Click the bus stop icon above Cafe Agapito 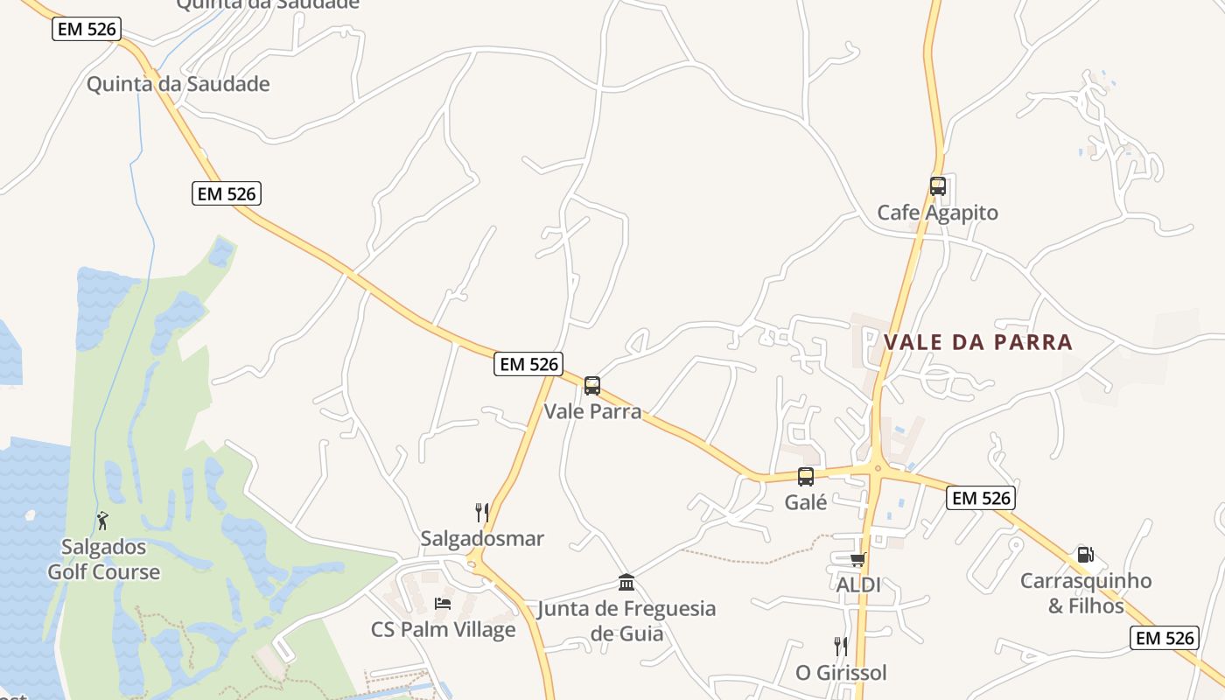click(x=937, y=185)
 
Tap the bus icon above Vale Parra click(x=592, y=385)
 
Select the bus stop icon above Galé click(x=806, y=477)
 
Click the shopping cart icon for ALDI click(x=857, y=559)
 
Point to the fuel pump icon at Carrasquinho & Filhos click(x=1085, y=555)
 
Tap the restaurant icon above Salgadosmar click(x=481, y=512)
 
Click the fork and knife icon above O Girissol click(x=841, y=647)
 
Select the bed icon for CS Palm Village click(x=443, y=604)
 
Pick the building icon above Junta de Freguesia click(x=626, y=583)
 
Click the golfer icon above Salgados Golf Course click(x=103, y=521)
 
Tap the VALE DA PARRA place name click(x=978, y=342)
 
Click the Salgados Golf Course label click(x=103, y=560)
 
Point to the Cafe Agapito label click(x=937, y=213)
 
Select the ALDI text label click(x=858, y=584)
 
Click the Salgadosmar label click(x=482, y=538)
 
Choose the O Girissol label click(x=841, y=673)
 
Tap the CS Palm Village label click(x=443, y=629)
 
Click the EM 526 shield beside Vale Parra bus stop click(x=528, y=364)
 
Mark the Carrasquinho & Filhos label click(x=1086, y=593)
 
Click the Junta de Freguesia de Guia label click(x=626, y=620)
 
